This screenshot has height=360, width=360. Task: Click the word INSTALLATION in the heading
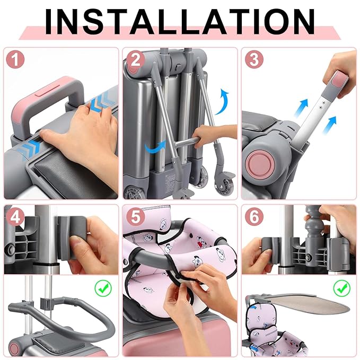[180, 22]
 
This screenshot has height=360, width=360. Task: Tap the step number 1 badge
[15, 59]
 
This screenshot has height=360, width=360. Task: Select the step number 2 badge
[135, 60]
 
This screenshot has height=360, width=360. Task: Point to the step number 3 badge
[254, 59]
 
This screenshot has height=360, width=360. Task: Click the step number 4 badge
[15, 217]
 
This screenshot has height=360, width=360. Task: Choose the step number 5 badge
[135, 217]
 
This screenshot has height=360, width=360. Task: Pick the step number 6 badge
[254, 217]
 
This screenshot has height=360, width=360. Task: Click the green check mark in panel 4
[103, 288]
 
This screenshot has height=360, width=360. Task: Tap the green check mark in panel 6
[342, 288]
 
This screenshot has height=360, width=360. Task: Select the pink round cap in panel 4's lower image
[14, 349]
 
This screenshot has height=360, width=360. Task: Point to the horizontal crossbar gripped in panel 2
[186, 142]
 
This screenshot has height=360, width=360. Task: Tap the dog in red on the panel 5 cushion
[201, 243]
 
